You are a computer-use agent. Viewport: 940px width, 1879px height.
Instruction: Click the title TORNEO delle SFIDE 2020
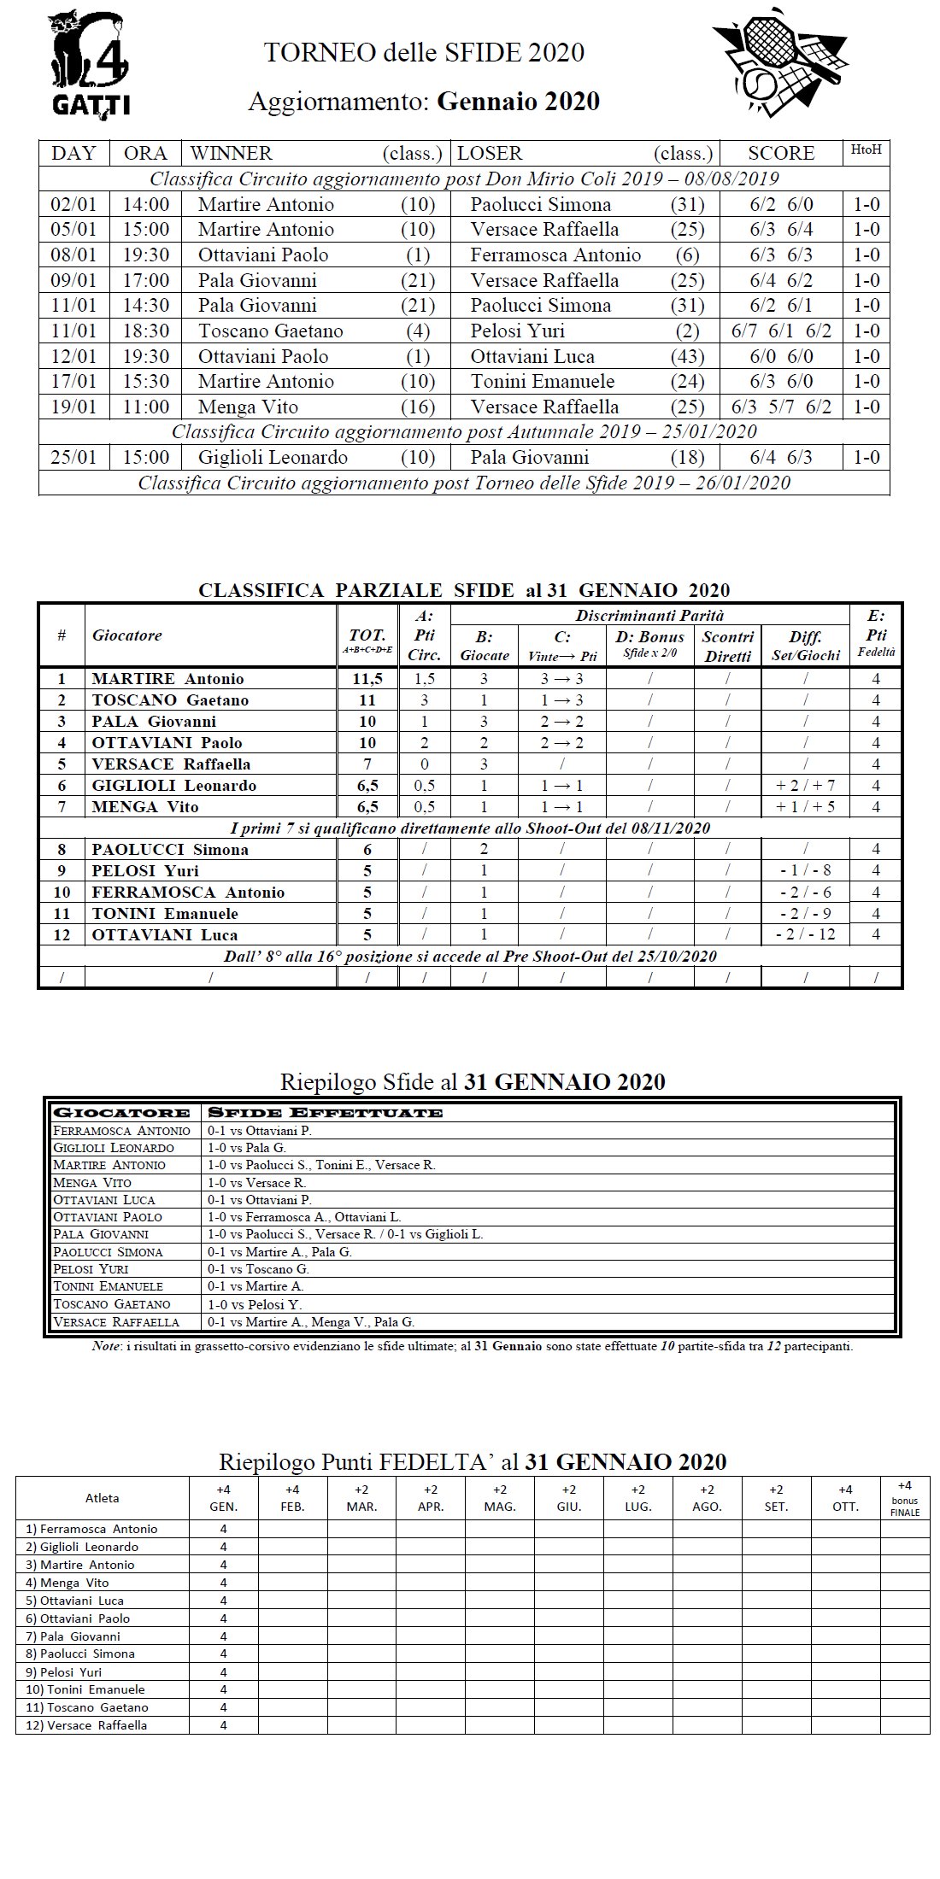[424, 53]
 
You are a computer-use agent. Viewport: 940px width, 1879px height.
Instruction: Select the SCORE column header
[781, 154]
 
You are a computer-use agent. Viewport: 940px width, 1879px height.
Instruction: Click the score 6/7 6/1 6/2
[781, 331]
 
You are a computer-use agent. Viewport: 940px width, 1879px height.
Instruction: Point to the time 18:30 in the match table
[146, 331]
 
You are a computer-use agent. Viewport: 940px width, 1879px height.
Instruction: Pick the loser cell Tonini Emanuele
[542, 382]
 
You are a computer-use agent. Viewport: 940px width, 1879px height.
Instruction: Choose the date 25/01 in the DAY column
[73, 458]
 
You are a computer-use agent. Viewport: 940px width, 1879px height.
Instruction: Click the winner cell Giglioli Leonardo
[273, 458]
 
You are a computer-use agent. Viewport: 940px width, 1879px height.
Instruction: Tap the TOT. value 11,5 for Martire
[367, 679]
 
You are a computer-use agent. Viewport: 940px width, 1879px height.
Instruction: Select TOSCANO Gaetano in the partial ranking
[170, 700]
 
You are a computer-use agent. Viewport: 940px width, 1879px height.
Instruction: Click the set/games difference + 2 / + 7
[805, 786]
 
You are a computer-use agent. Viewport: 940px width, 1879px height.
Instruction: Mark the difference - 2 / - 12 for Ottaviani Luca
[805, 934]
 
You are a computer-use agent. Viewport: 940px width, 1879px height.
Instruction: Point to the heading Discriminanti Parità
[649, 616]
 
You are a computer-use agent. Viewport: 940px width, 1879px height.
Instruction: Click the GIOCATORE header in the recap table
[121, 1113]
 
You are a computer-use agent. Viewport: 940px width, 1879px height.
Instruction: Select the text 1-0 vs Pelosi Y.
[255, 1304]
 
